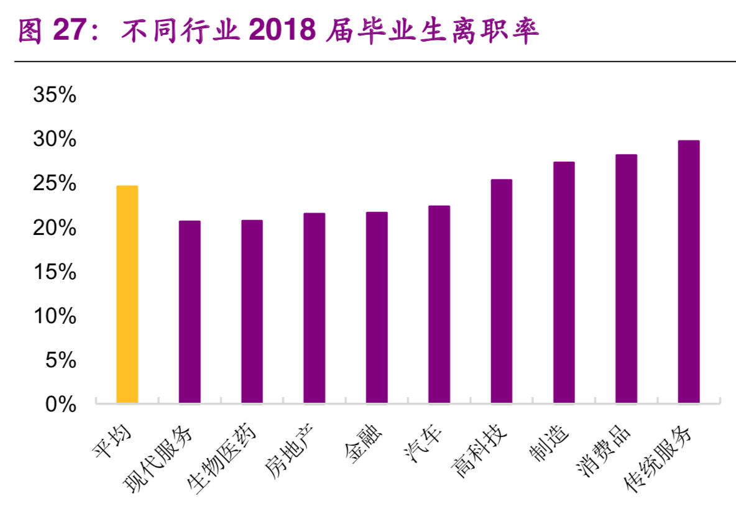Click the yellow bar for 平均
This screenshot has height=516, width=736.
pyautogui.click(x=127, y=294)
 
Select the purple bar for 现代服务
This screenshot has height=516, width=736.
pyautogui.click(x=190, y=311)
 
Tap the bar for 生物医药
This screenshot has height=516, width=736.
pyautogui.click(x=252, y=311)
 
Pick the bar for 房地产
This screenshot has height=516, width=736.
pyautogui.click(x=315, y=308)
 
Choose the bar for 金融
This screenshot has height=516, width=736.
pyautogui.click(x=377, y=307)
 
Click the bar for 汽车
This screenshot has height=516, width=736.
pyautogui.click(x=439, y=304)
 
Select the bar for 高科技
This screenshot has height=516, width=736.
pyautogui.click(x=502, y=291)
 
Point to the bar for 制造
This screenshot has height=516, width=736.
pyautogui.click(x=564, y=282)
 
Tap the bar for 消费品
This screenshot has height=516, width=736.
pyautogui.click(x=626, y=279)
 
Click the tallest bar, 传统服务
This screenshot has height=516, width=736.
pyautogui.click(x=689, y=272)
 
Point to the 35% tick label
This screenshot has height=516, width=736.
pyautogui.click(x=55, y=95)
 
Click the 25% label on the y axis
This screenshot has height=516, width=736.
pyautogui.click(x=55, y=183)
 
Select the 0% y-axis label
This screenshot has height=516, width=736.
pyautogui.click(x=61, y=404)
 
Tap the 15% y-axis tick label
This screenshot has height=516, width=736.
pyautogui.click(x=55, y=272)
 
